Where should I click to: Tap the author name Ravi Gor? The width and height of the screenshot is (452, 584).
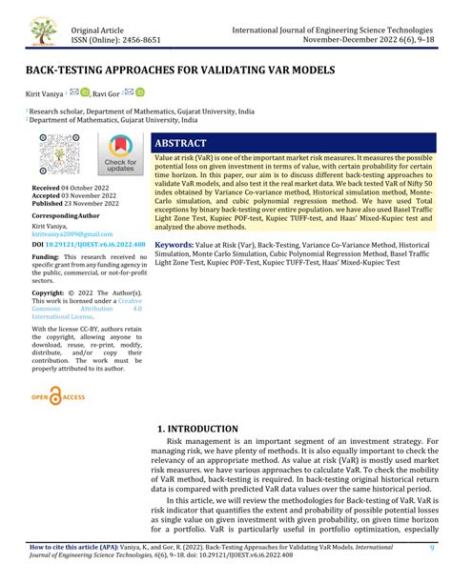click(117, 93)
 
